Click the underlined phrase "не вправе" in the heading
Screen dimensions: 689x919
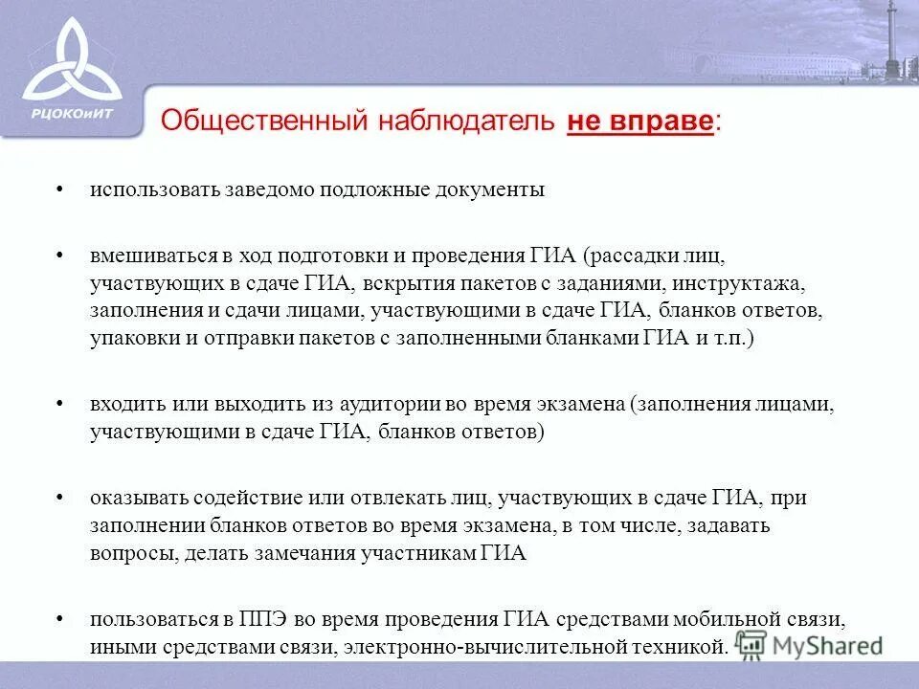[x=640, y=122]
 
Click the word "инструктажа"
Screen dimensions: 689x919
[x=748, y=284]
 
